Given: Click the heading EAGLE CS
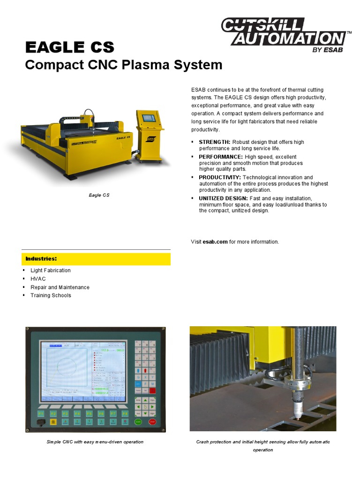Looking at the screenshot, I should [69, 47].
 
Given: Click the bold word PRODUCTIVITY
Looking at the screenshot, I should [220, 178].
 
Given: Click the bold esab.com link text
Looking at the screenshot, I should [215, 242].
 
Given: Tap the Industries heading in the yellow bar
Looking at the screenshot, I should [41, 259].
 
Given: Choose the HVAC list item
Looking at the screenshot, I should [38, 279].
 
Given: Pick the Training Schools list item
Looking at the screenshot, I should [51, 296].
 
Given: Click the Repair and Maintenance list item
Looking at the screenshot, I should [60, 287].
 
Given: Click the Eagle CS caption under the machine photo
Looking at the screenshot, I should [99, 195].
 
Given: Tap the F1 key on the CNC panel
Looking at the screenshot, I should [41, 414].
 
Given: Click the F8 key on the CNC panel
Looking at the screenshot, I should [125, 414].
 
